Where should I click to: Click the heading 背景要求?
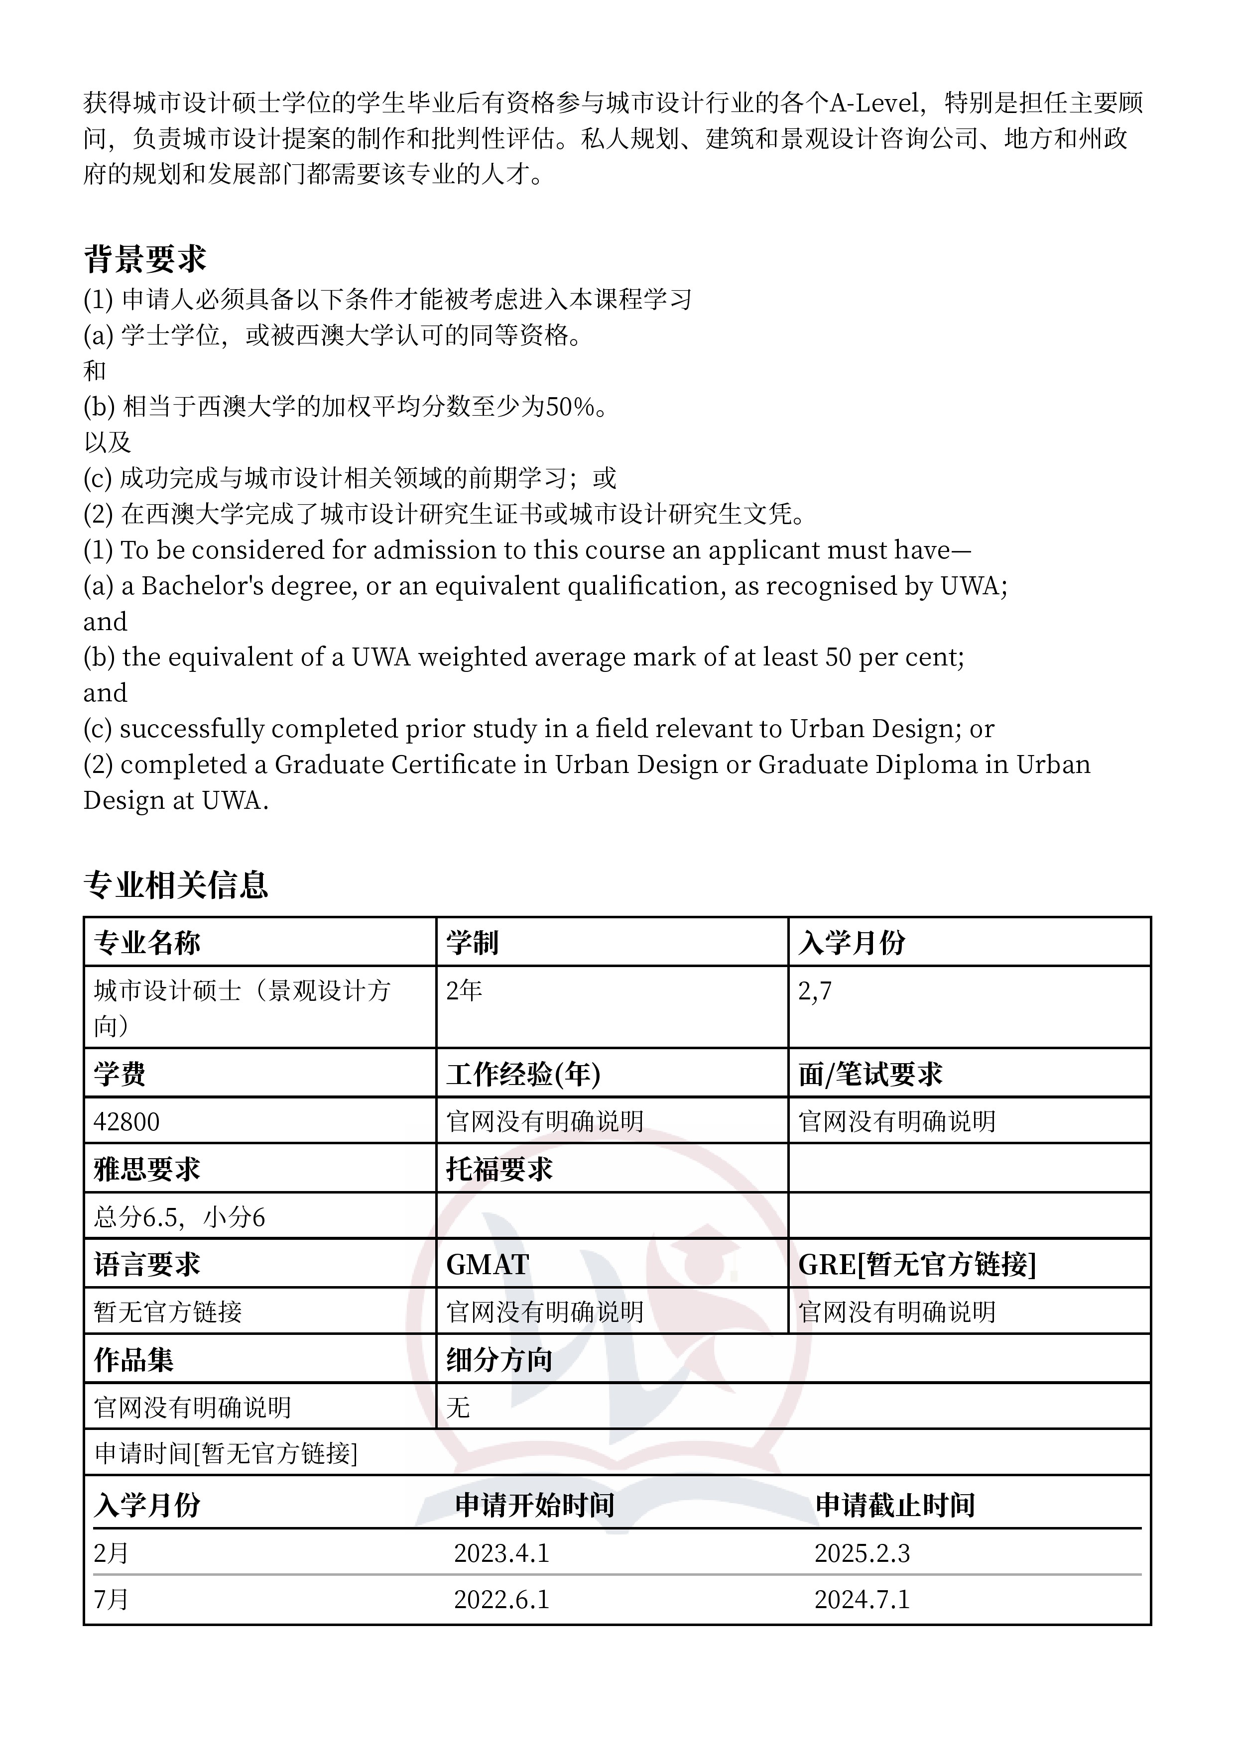(144, 259)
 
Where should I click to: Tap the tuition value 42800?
(126, 1122)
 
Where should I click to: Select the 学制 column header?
(472, 943)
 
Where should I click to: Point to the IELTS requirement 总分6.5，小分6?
(180, 1217)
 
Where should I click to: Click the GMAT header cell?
(487, 1265)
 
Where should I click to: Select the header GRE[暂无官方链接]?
(917, 1265)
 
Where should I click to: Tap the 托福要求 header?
(499, 1170)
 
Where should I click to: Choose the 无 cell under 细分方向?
(458, 1408)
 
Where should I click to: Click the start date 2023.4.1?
(501, 1553)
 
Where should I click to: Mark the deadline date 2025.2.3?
(862, 1553)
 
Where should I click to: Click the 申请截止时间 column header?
(895, 1505)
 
